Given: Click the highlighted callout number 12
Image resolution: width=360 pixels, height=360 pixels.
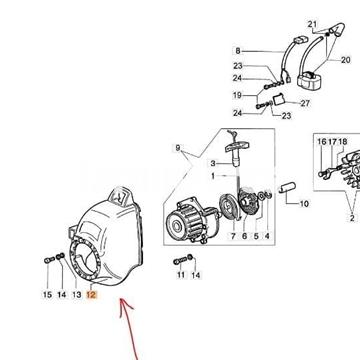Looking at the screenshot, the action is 91,295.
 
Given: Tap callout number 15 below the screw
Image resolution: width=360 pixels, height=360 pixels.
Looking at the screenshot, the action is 47,295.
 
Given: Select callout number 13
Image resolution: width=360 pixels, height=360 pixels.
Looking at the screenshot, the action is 77,295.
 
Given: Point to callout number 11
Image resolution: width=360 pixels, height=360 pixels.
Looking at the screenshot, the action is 181,275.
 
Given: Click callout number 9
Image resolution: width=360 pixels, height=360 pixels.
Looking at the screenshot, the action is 178,148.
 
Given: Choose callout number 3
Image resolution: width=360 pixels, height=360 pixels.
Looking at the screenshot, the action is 213,163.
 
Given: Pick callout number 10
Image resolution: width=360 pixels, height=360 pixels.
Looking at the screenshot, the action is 304,203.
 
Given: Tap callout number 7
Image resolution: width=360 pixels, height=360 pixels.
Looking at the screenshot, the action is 233,236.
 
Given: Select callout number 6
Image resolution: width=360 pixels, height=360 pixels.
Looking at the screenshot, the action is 244,236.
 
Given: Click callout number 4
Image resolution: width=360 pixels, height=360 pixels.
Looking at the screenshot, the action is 267,236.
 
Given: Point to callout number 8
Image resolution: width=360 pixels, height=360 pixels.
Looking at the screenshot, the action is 238,51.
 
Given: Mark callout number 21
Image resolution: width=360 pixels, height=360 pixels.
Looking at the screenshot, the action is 312,24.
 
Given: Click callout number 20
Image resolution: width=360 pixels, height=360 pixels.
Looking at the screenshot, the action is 346,60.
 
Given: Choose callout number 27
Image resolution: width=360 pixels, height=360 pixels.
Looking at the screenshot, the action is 305,103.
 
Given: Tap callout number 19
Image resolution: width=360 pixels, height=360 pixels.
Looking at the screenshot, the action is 237,95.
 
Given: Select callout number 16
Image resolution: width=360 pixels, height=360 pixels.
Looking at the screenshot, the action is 322,142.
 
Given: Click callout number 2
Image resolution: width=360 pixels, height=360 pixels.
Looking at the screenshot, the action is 352,218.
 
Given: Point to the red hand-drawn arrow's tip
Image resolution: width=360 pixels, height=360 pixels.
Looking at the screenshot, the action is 122,299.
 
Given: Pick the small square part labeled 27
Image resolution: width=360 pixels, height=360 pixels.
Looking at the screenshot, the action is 279,100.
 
